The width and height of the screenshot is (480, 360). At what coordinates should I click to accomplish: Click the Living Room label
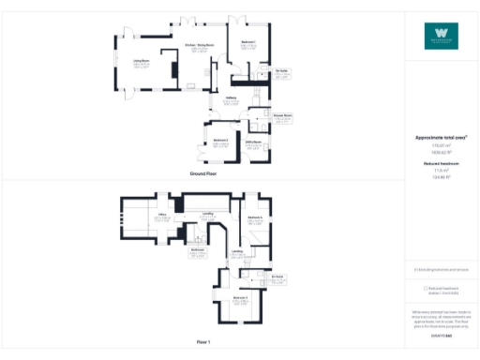pos(142,62)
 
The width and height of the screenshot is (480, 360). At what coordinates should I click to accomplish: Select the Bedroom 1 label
pos(248,42)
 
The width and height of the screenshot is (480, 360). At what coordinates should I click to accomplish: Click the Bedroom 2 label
pos(221,140)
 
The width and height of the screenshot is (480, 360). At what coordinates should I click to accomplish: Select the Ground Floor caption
pos(203,174)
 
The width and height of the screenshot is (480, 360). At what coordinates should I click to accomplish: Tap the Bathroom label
pos(198,249)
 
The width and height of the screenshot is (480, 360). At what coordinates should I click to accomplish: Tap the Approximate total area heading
pos(442,137)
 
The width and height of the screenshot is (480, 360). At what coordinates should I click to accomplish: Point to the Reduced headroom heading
pos(442,164)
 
